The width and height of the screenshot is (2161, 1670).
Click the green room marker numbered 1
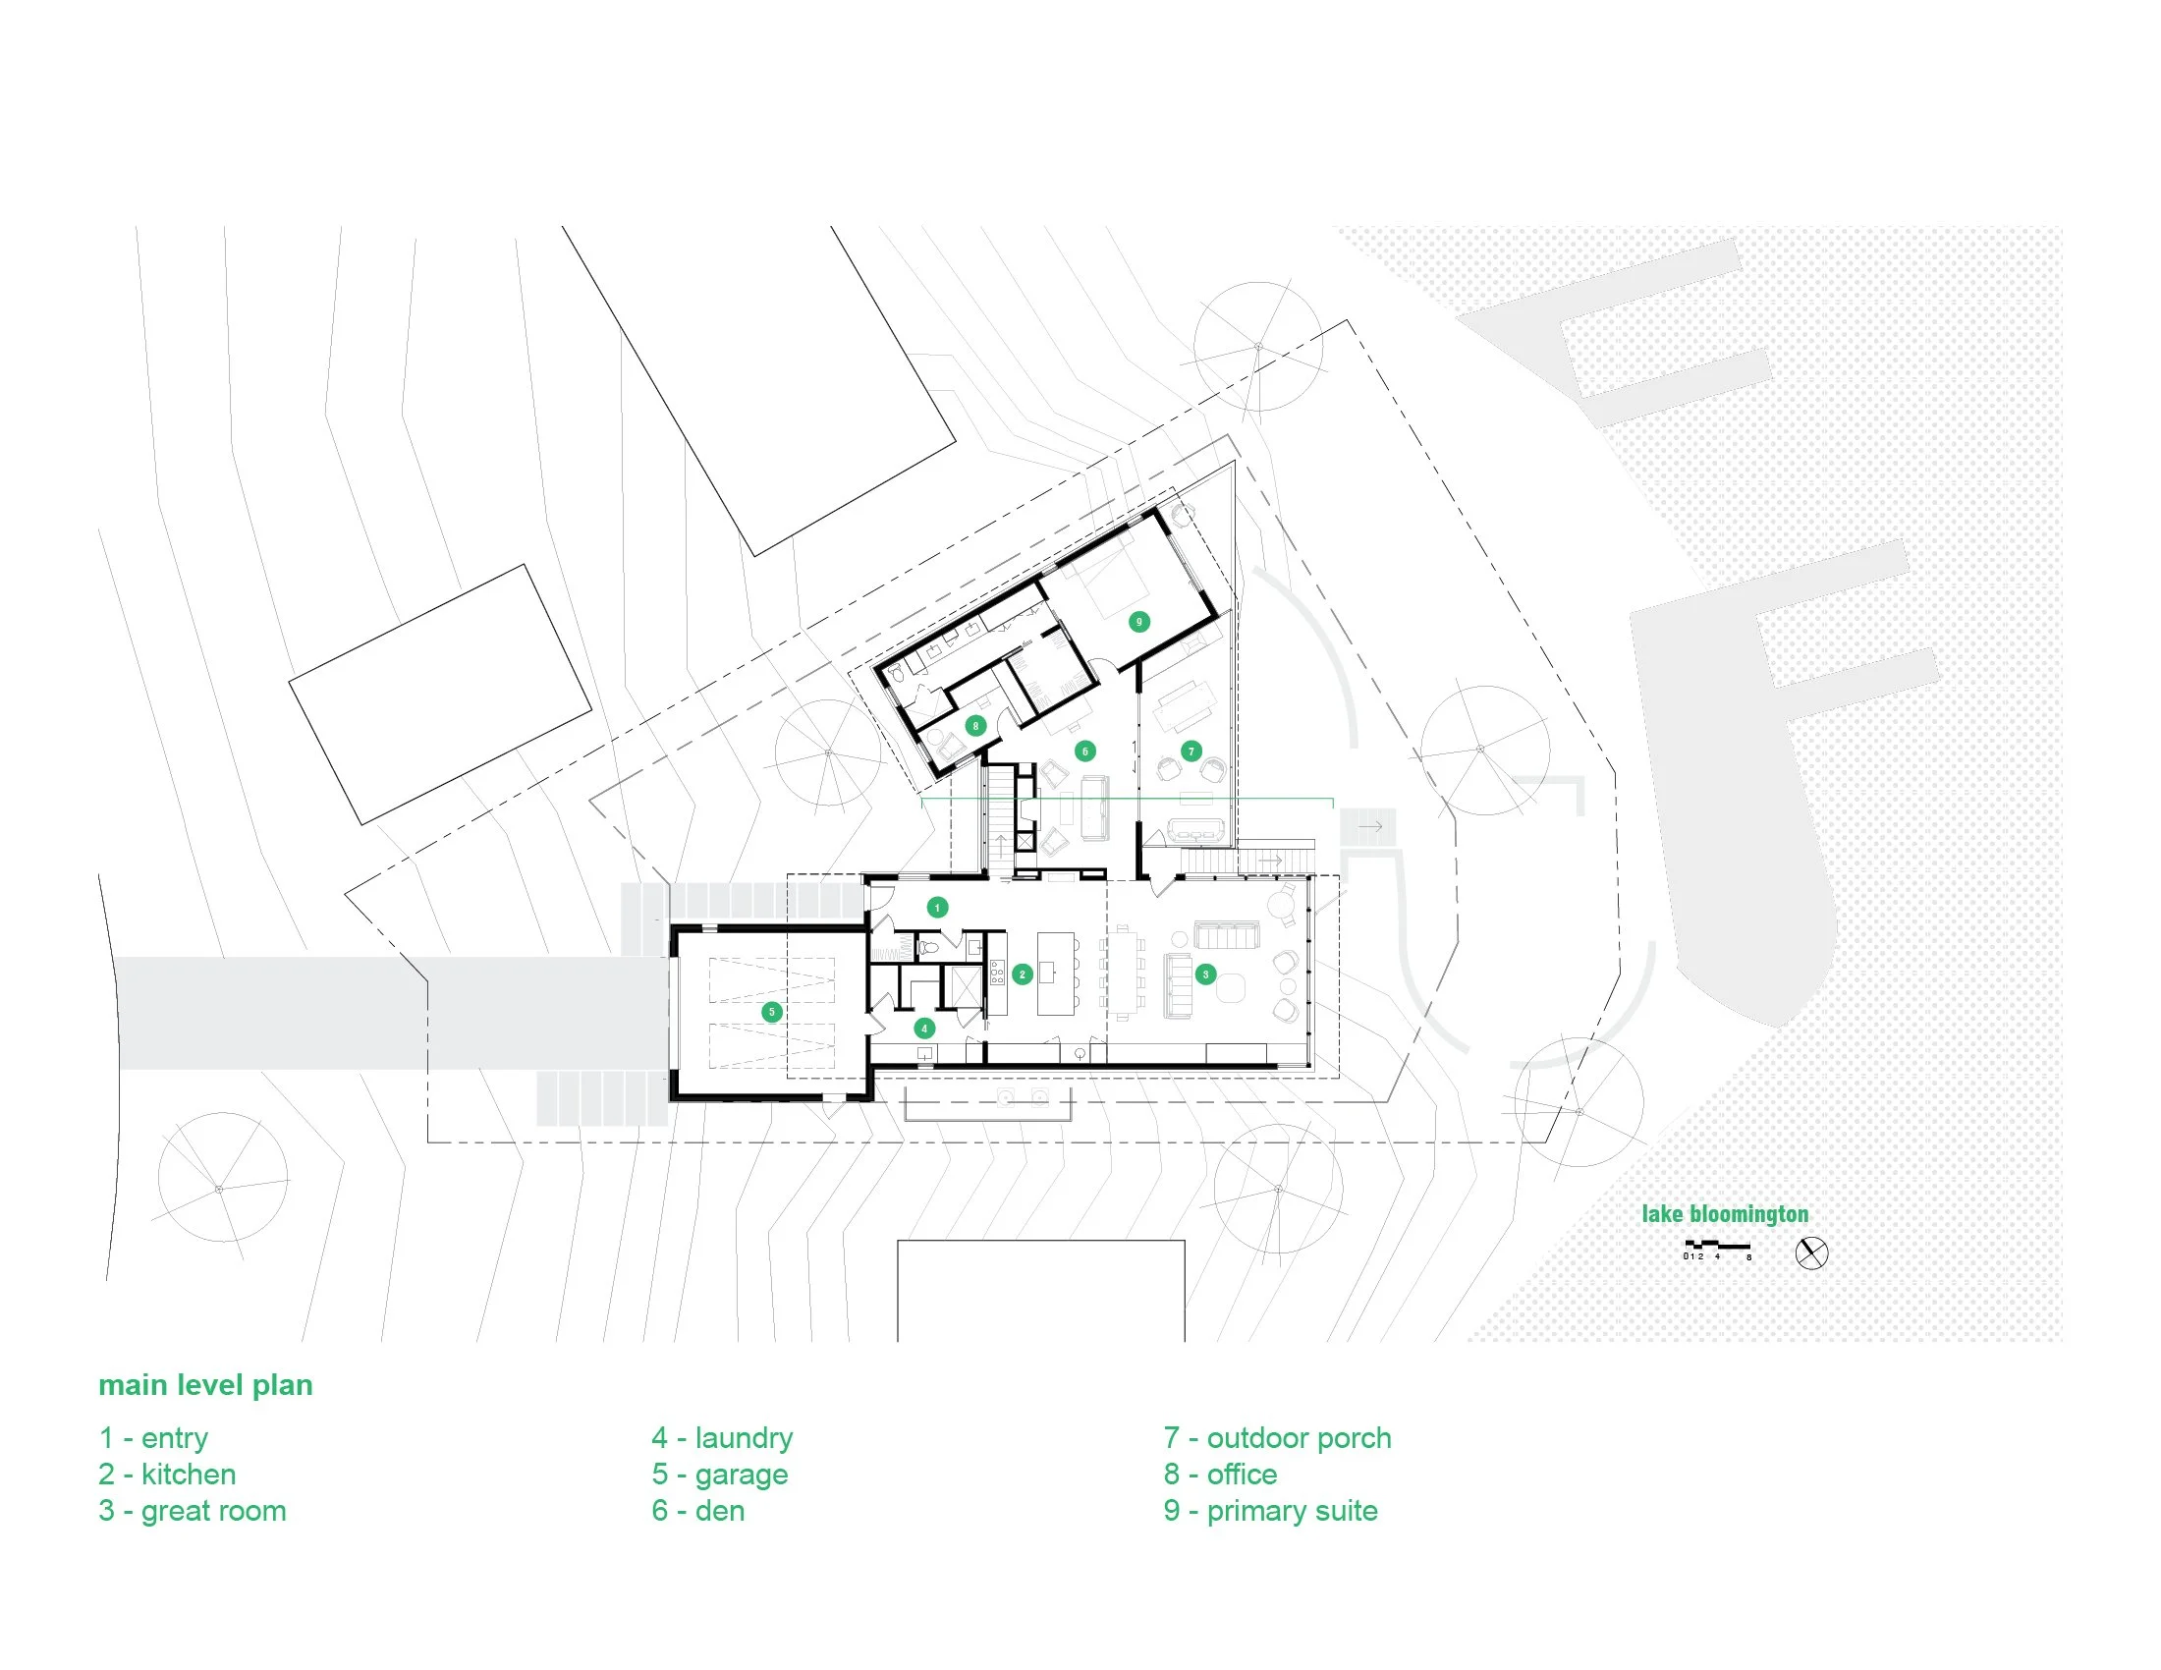click(937, 907)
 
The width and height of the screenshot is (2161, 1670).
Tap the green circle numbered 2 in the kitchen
click(1023, 974)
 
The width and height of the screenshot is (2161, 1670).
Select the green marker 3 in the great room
click(1205, 974)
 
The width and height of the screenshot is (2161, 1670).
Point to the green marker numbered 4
click(924, 1028)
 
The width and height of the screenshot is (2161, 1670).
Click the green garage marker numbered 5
click(772, 1011)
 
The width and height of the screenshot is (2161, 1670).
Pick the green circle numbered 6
click(1085, 751)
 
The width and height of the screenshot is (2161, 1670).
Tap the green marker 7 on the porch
click(1191, 751)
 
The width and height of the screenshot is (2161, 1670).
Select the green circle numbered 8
click(975, 726)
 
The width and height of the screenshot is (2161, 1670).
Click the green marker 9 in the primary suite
click(1138, 621)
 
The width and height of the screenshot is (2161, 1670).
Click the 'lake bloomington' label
click(1725, 1214)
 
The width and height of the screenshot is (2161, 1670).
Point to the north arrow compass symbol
click(1811, 1253)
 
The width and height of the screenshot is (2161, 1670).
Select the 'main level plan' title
click(206, 1385)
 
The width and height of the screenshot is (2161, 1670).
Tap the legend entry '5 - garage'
click(719, 1475)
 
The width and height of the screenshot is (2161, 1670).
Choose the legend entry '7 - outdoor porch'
click(1277, 1437)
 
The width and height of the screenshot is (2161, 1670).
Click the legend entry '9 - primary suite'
click(1270, 1511)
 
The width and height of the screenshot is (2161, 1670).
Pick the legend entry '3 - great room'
click(192, 1511)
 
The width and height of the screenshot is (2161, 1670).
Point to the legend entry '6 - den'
click(697, 1511)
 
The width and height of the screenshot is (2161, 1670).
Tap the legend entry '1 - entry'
click(153, 1437)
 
